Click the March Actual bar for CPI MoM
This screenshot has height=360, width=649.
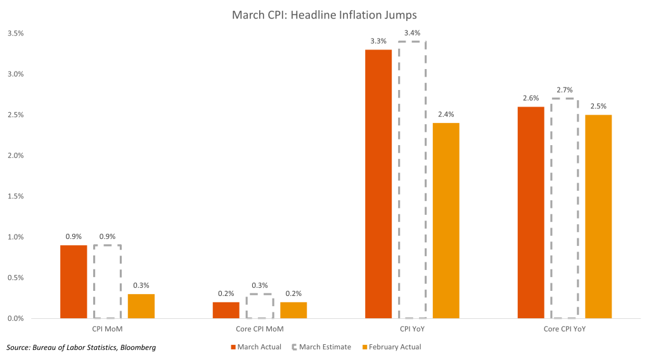[74, 281]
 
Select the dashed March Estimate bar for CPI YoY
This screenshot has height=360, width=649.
[412, 179]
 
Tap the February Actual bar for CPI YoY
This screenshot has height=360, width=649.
[446, 221]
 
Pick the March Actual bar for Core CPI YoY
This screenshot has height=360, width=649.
[530, 212]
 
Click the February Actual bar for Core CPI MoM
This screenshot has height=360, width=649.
[293, 310]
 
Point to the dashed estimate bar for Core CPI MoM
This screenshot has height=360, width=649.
[260, 306]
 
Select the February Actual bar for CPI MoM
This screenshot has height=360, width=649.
[141, 306]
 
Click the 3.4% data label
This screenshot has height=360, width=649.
[412, 33]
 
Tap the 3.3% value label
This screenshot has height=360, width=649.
[378, 41]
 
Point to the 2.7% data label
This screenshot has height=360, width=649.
[564, 91]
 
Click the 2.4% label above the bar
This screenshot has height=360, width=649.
[446, 115]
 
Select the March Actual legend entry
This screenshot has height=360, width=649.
[256, 347]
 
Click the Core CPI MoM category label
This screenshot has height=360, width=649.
[260, 330]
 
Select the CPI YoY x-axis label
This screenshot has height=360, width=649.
[412, 330]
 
